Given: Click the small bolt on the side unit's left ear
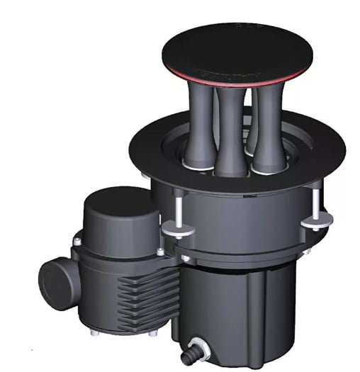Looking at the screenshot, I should point(76,242).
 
